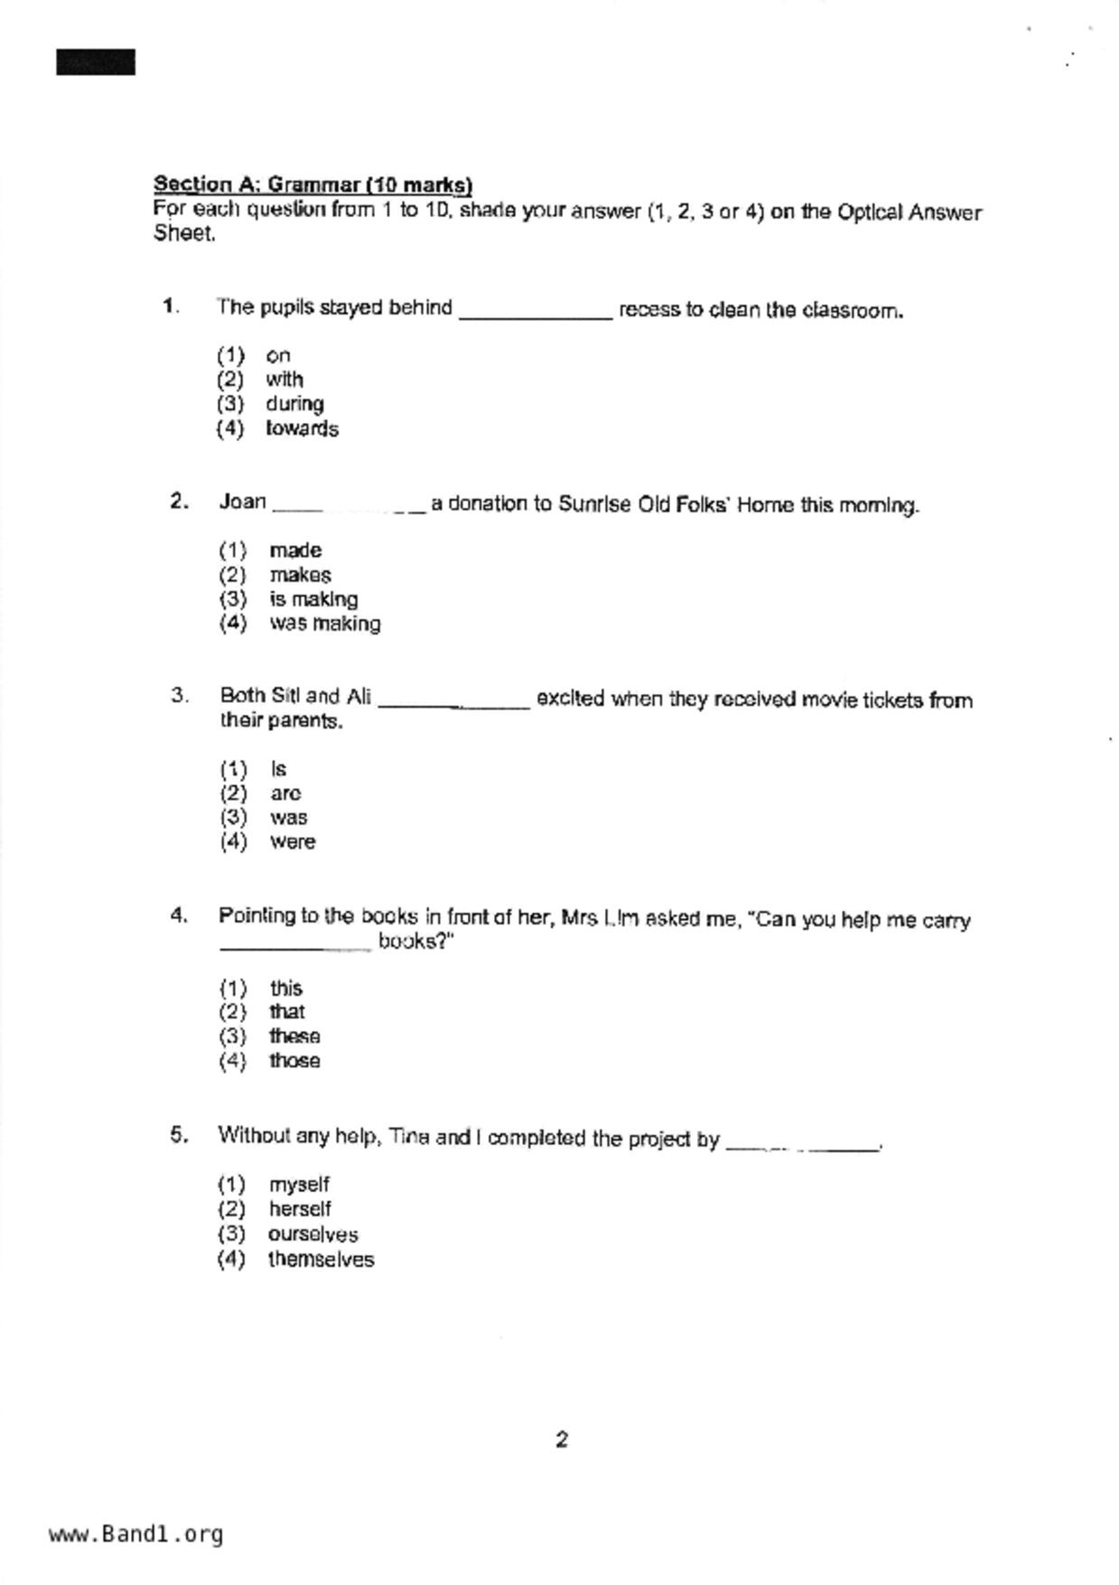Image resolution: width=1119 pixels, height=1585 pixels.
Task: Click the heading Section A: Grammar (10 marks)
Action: point(312,184)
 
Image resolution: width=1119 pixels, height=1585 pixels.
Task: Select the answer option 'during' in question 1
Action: point(294,404)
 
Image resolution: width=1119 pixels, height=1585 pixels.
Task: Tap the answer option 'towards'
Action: point(302,428)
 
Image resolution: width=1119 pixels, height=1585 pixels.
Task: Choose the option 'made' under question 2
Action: point(295,550)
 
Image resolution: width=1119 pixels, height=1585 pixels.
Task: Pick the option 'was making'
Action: point(325,624)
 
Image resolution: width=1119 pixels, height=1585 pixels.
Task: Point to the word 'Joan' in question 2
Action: point(242,502)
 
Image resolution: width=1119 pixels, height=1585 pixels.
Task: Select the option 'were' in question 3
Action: point(293,842)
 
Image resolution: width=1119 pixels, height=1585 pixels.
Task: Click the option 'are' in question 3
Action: point(285,793)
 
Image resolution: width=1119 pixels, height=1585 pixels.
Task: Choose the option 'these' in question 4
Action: point(294,1036)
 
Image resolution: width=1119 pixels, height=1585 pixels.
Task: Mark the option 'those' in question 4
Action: point(294,1061)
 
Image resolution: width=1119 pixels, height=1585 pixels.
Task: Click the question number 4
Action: point(179,915)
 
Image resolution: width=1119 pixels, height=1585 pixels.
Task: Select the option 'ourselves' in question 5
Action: point(312,1234)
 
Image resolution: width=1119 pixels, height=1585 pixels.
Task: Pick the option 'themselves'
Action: point(321,1260)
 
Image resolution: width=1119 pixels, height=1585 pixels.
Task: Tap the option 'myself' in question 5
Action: point(299,1185)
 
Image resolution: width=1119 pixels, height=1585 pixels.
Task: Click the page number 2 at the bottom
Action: point(562,1440)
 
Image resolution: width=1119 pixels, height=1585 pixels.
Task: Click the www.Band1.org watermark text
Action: point(135,1534)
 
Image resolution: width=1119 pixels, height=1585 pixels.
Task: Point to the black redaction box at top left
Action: point(96,62)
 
